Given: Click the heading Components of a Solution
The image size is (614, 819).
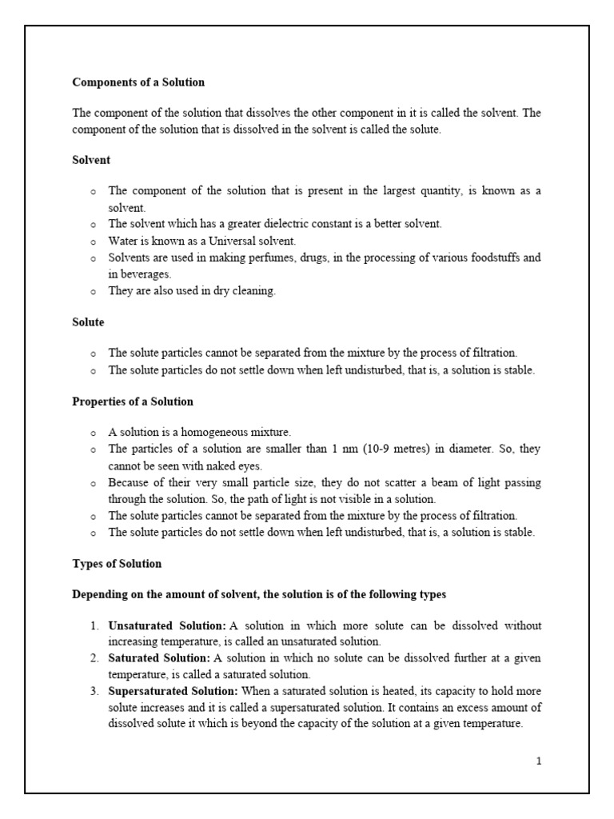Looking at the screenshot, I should click(138, 82).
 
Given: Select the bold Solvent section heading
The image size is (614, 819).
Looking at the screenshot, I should click(91, 160).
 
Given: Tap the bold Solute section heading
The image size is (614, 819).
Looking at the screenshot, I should click(88, 322).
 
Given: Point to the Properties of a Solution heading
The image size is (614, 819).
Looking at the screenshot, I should click(133, 402).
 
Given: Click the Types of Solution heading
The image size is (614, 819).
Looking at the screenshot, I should click(117, 564).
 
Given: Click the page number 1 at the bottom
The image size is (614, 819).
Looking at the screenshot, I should click(539, 761).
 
